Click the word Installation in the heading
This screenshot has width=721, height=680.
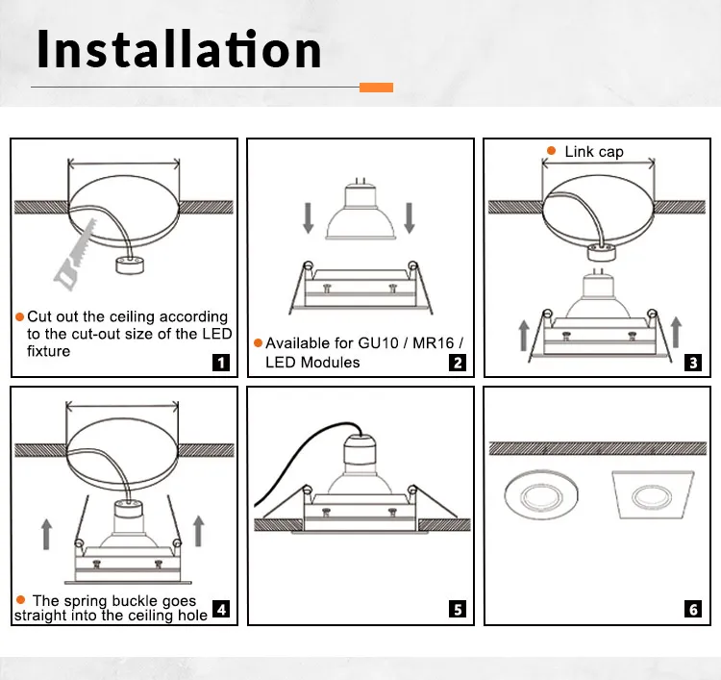click(179, 48)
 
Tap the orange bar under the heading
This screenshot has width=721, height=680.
click(376, 88)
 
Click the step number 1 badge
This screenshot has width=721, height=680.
click(221, 363)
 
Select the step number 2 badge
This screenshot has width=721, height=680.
click(458, 363)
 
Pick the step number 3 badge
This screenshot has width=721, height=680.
click(693, 363)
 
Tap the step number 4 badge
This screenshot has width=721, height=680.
click(221, 608)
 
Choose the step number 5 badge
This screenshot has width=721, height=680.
click(458, 608)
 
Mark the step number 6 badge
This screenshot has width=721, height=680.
click(693, 608)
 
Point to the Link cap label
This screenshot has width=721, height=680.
click(593, 151)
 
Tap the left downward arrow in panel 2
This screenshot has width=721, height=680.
click(308, 217)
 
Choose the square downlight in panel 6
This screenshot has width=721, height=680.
click(649, 500)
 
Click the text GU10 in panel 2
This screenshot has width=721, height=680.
click(378, 343)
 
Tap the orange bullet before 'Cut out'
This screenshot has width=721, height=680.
click(19, 316)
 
